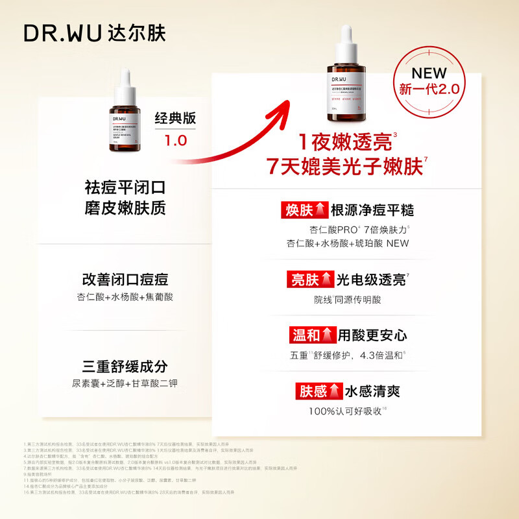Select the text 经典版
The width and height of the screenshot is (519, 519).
175,119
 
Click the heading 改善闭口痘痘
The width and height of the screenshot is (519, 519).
125,279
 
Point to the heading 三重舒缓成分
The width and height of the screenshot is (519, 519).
125,366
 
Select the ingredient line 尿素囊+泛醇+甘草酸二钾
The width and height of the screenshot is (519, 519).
125,383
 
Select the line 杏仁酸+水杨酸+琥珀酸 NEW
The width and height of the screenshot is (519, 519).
348,243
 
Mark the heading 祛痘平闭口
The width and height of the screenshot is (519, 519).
125,187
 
